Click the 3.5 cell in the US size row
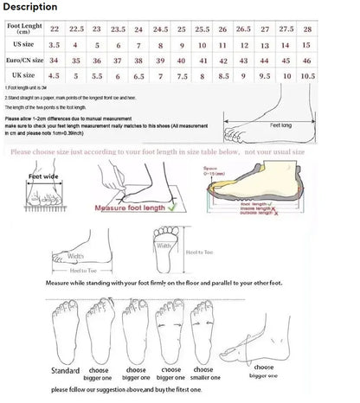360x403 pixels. (x=55, y=43)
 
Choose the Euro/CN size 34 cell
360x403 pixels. (x=55, y=61)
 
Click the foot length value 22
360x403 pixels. (x=55, y=29)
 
